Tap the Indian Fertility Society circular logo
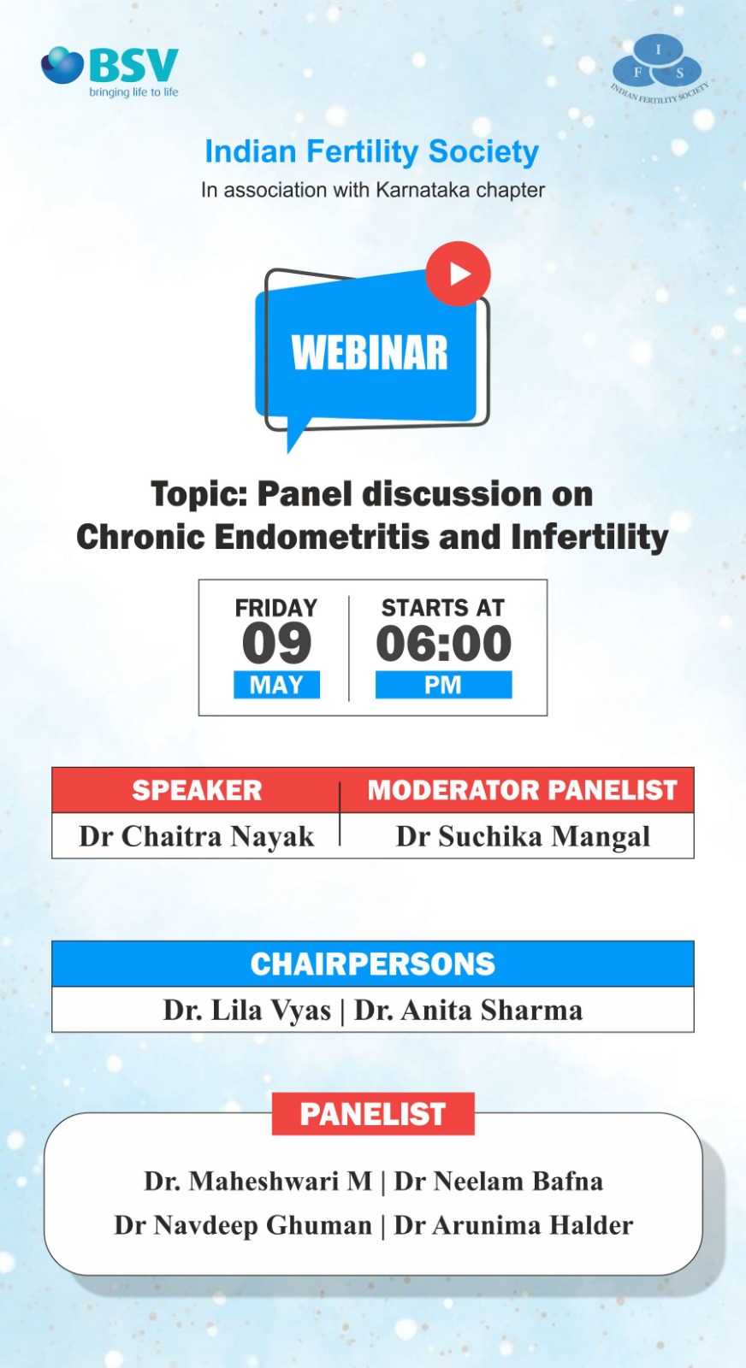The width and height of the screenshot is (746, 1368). click(x=659, y=68)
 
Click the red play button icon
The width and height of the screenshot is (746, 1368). click(x=459, y=274)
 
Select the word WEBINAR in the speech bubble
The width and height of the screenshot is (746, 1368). click(x=370, y=353)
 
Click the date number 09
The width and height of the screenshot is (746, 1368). click(x=277, y=643)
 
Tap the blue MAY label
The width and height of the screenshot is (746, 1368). click(x=277, y=685)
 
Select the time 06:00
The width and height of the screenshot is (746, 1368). click(x=443, y=643)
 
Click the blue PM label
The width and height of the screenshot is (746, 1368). click(x=443, y=685)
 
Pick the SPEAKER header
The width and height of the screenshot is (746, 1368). click(x=197, y=790)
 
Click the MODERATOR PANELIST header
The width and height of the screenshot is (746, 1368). click(x=523, y=790)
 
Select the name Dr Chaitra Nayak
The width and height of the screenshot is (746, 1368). click(x=197, y=837)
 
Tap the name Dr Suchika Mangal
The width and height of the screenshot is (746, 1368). click(x=523, y=837)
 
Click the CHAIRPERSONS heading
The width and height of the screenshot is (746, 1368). click(x=373, y=964)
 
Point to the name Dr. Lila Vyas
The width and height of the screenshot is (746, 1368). click(x=247, y=1010)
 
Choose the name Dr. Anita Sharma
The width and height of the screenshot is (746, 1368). click(x=469, y=1010)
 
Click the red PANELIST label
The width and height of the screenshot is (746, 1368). click(x=373, y=1114)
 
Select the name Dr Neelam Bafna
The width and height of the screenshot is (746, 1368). click(x=499, y=1181)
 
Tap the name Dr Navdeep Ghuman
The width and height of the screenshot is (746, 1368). click(x=243, y=1225)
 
